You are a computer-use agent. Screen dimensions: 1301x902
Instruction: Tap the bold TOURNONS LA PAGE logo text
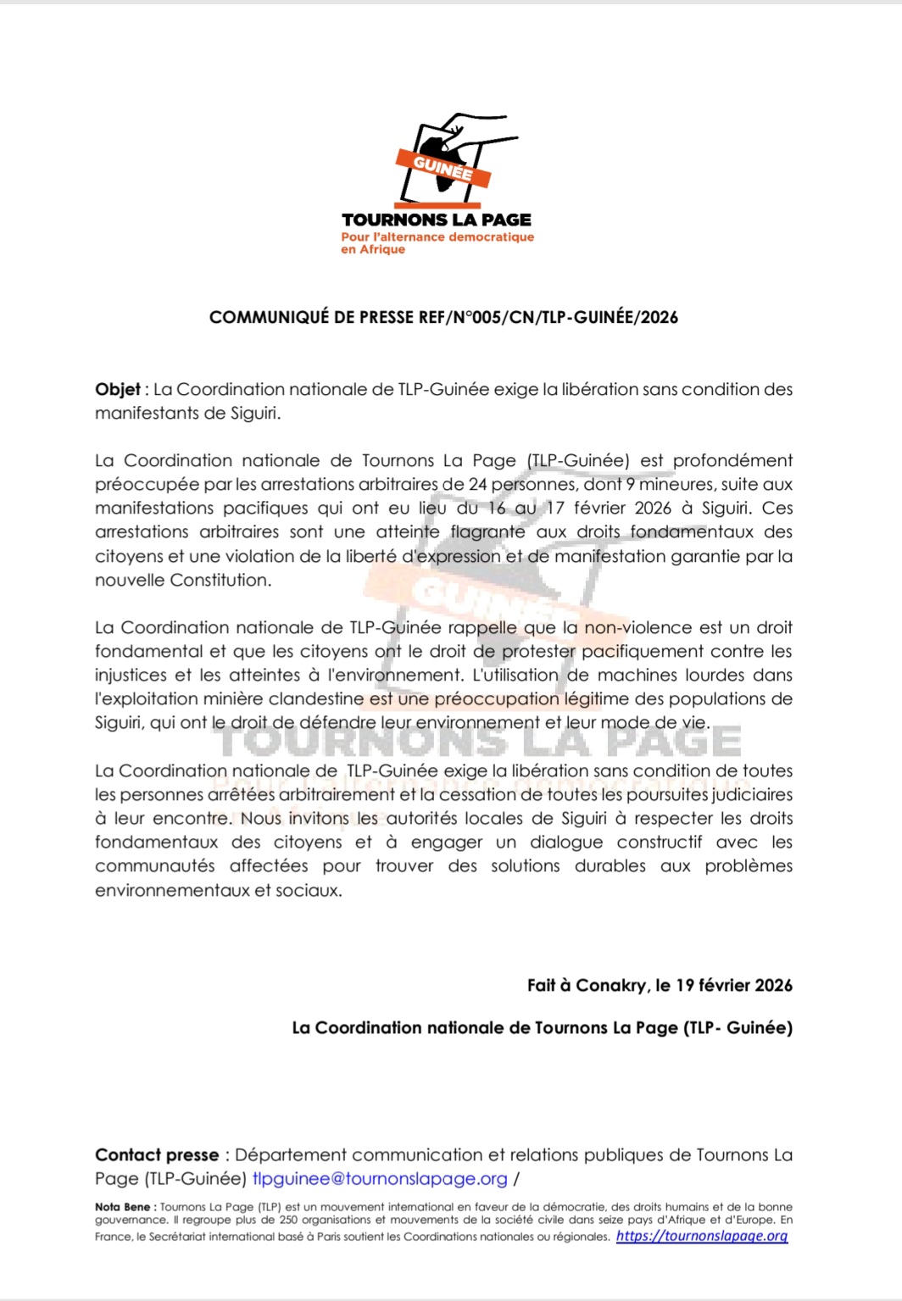(437, 220)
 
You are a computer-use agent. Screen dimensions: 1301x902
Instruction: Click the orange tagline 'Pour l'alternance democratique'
(437, 237)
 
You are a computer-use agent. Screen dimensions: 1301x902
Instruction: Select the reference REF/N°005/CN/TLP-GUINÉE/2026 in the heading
(548, 318)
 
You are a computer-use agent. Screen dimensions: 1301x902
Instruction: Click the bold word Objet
(117, 390)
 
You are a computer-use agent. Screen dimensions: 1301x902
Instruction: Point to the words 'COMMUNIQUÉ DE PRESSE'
(311, 318)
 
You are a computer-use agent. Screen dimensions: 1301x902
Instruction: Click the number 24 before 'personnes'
(478, 485)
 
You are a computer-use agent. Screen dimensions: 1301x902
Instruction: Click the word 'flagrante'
(487, 532)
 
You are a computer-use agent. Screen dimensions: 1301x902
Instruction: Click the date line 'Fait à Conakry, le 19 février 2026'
(660, 986)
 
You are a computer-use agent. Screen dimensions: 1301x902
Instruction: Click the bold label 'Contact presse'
(157, 1155)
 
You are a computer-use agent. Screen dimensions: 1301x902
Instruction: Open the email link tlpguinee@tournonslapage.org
(380, 1179)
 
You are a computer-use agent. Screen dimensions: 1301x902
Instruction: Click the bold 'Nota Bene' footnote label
(123, 1207)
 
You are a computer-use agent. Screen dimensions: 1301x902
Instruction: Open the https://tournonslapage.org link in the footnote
(702, 1237)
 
